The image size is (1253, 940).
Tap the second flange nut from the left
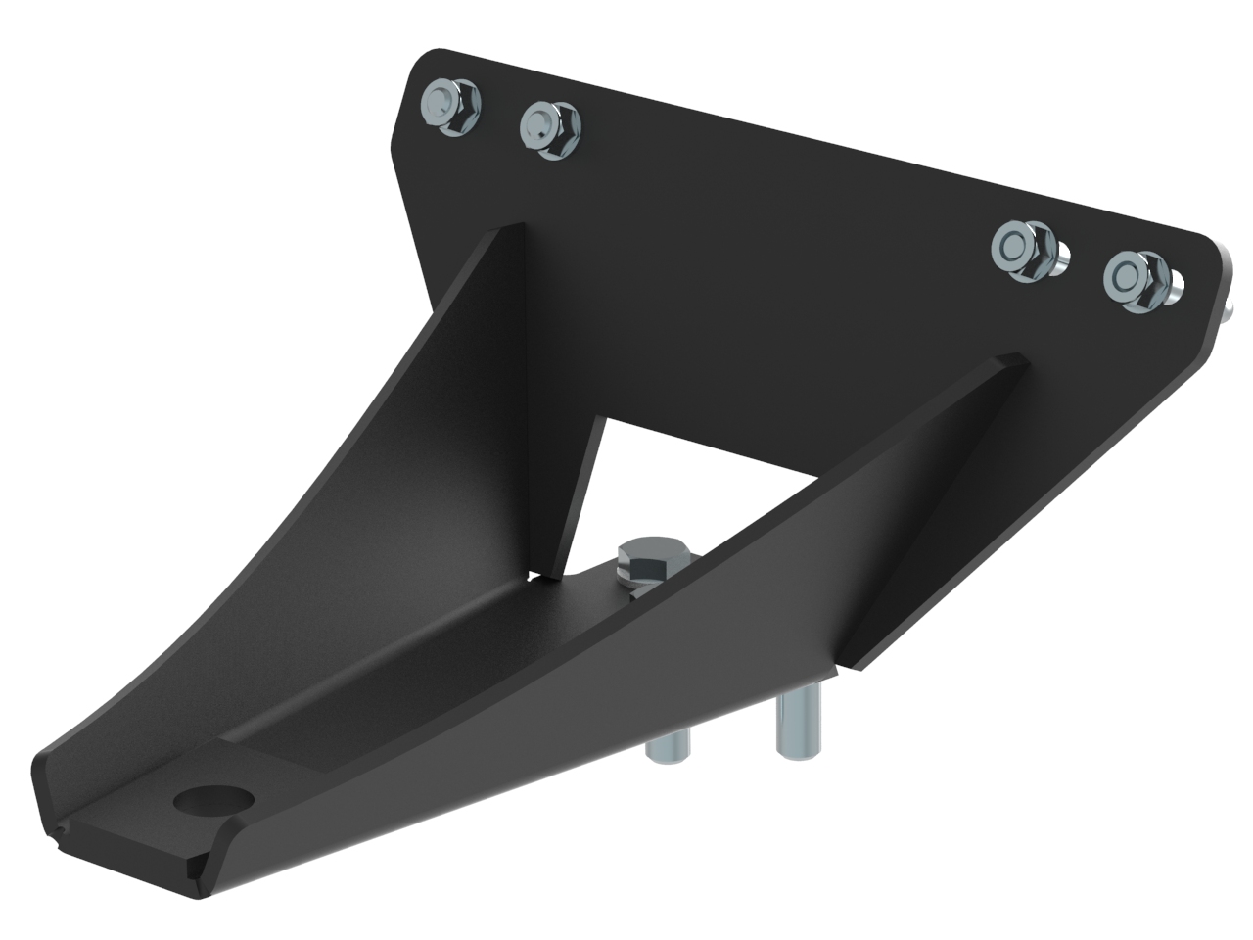tap(549, 128)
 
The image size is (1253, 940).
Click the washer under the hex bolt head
tap(636, 586)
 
